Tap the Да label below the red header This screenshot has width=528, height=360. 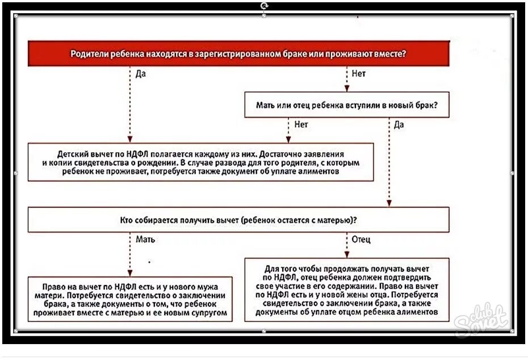pos(140,74)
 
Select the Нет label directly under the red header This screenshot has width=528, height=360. pos(359,74)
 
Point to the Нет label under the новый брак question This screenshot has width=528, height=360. pos(300,124)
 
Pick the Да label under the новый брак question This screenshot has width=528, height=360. pos(399,124)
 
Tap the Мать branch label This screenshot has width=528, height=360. pos(145,239)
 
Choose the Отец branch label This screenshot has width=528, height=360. pos(361,239)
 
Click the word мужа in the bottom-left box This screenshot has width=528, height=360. pos(207,287)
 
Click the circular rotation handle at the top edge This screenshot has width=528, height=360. pos(264,5)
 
